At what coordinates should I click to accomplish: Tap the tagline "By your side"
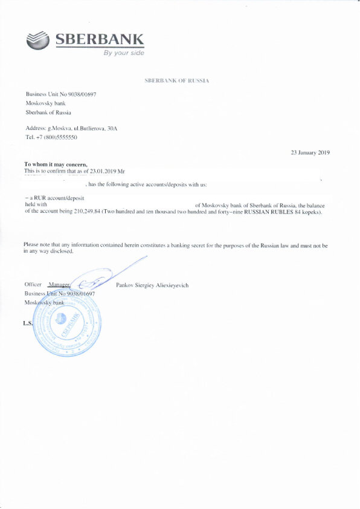[x=124, y=53]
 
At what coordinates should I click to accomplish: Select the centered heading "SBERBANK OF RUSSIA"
[x=177, y=80]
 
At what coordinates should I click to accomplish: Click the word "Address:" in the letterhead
[x=35, y=129]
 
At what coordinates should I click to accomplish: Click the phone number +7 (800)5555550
[x=57, y=137]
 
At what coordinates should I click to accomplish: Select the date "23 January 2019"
[x=310, y=153]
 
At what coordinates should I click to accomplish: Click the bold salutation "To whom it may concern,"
[x=56, y=164]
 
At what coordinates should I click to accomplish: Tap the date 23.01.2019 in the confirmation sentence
[x=108, y=171]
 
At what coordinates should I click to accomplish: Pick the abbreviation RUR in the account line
[x=40, y=198]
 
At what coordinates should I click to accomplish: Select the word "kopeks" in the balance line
[x=311, y=212]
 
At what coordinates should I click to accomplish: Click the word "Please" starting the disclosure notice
[x=31, y=244]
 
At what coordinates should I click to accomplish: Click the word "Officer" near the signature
[x=33, y=284]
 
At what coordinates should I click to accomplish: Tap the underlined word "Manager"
[x=59, y=284]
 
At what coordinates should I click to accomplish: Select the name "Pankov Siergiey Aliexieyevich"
[x=152, y=285]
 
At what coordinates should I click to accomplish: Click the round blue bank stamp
[x=68, y=325]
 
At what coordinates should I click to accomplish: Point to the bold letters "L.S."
[x=27, y=323]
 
